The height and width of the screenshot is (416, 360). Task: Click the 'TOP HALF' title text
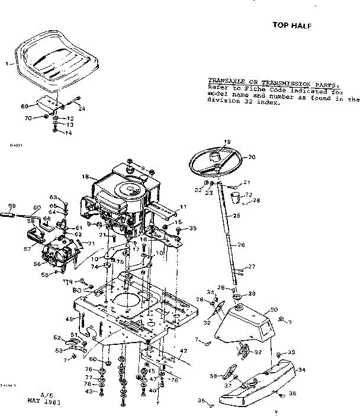[291, 25]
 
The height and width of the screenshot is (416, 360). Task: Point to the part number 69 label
[24, 106]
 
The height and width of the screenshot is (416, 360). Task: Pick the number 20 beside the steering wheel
[251, 157]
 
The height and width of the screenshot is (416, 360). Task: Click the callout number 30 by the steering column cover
[274, 310]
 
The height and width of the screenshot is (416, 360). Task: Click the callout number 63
[52, 197]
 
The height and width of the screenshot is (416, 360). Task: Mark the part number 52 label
[57, 338]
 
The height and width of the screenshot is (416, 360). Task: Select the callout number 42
[184, 351]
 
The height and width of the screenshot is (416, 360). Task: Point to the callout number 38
[212, 376]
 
